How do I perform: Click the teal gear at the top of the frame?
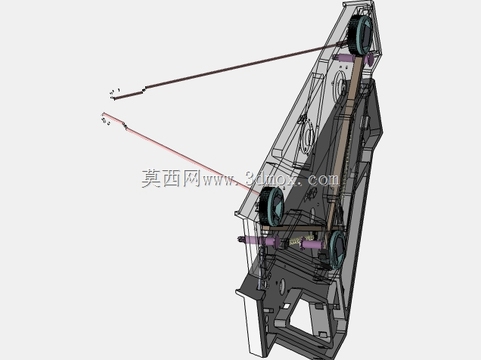[361, 35]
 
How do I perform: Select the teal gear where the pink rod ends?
[270, 206]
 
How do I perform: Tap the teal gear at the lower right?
[337, 250]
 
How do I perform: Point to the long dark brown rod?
[230, 70]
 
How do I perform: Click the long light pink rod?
[182, 154]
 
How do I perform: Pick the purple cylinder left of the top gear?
[345, 58]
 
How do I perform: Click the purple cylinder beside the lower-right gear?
[312, 244]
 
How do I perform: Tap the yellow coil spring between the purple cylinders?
[302, 240]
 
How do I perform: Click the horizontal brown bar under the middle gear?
[293, 228]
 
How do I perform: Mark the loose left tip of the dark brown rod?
[114, 98]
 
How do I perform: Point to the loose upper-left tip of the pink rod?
[104, 113]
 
